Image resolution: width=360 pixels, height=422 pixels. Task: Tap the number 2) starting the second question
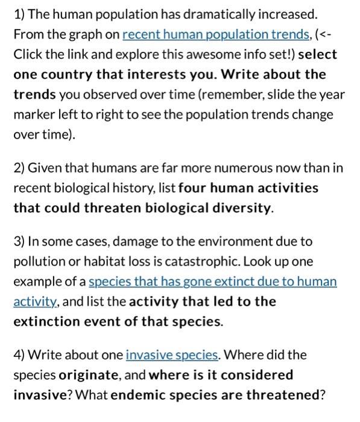click(19, 168)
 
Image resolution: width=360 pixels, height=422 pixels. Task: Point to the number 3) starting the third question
click(19, 241)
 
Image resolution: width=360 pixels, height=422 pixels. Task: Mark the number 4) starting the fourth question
click(19, 355)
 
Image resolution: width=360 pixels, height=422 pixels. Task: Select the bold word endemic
click(141, 395)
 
